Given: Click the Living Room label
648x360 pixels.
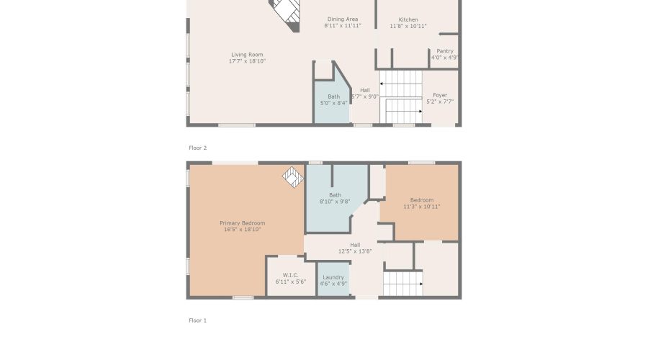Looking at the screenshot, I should [x=247, y=55].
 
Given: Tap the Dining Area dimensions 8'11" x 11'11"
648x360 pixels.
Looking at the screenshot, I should [x=342, y=26].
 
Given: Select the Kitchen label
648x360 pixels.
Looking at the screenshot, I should [x=408, y=19].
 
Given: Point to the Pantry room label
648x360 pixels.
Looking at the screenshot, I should [x=445, y=51].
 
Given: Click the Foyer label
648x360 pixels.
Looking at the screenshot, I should [x=440, y=95].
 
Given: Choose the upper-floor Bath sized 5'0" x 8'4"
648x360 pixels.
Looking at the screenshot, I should [x=333, y=99].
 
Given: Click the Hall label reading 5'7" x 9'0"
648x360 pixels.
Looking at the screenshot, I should [x=365, y=91].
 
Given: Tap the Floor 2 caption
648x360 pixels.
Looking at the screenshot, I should [x=197, y=148].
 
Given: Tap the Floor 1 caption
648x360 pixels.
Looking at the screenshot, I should [x=197, y=320].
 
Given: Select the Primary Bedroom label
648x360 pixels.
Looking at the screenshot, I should [x=242, y=223].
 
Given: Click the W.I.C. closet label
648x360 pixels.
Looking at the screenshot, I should [x=290, y=275].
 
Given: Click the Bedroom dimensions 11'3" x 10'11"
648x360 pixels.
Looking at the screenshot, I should [x=422, y=207].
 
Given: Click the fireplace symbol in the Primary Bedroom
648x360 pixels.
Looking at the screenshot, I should [x=292, y=177].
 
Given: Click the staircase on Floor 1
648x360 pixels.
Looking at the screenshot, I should [x=402, y=283].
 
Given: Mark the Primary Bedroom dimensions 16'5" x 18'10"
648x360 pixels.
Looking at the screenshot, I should [x=242, y=230].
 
